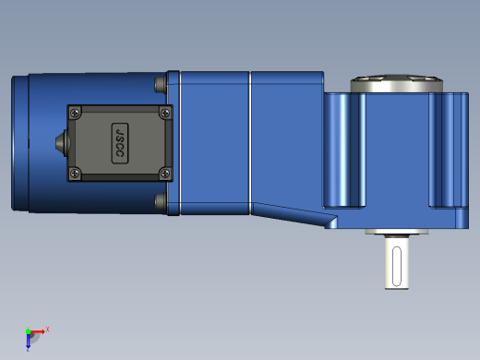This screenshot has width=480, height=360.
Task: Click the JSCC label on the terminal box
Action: tap(120, 143)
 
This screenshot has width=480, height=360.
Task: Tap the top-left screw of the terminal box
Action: tap(75, 113)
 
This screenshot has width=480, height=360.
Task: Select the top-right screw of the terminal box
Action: tap(165, 113)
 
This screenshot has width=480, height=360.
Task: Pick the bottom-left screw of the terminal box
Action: tap(75, 174)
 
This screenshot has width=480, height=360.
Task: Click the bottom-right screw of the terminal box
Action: tap(165, 174)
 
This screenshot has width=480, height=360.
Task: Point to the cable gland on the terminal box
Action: tap(62, 143)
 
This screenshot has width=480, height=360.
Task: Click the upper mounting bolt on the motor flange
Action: tap(161, 84)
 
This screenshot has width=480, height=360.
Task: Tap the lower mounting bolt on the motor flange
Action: tap(161, 201)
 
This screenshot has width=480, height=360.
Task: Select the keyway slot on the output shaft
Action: tap(397, 267)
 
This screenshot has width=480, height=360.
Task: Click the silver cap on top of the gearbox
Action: tap(397, 83)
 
